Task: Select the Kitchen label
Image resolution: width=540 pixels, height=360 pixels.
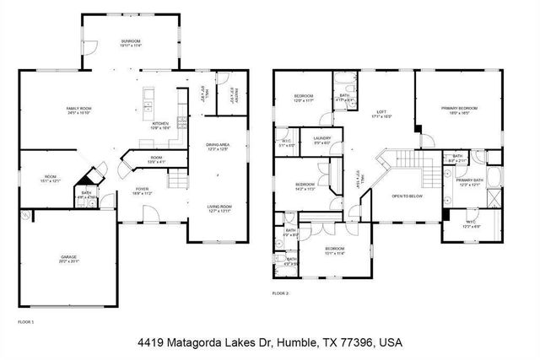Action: tap(160, 123)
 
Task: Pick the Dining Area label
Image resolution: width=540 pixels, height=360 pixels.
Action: tap(219, 146)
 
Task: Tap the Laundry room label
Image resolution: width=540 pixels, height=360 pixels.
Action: tap(321, 138)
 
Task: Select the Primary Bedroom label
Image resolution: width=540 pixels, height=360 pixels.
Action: tap(459, 109)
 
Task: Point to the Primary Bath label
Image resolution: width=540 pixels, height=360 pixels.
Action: tap(469, 180)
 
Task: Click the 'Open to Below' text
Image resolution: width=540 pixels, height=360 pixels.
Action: tap(407, 196)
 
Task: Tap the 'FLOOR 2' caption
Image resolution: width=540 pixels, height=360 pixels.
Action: tap(280, 293)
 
